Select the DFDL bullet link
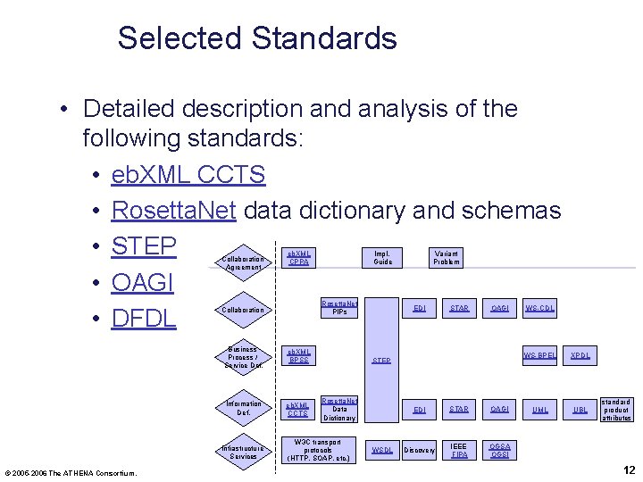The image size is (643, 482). [x=144, y=319]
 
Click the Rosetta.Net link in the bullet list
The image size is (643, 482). [x=173, y=211]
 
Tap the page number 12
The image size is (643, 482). [x=628, y=470]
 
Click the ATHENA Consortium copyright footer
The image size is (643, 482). [x=71, y=472]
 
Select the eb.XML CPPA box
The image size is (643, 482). [x=299, y=258]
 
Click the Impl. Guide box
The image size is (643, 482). [x=382, y=258]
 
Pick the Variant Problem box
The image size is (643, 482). [x=446, y=258]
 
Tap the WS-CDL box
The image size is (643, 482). [x=539, y=309]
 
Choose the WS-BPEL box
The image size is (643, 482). [x=539, y=355]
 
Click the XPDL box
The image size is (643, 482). [x=580, y=355]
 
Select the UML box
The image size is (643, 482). [x=539, y=410]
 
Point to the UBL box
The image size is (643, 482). [x=580, y=410]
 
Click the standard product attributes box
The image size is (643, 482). [x=616, y=410]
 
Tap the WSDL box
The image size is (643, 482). [x=381, y=450]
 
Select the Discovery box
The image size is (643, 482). [x=419, y=450]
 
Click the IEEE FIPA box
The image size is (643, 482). [x=459, y=450]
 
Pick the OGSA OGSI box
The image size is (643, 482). [x=500, y=450]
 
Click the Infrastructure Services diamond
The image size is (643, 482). [x=242, y=451]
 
